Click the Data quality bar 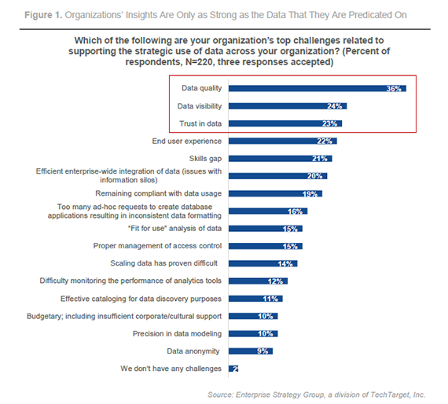click(314, 89)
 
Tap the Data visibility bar click(287, 106)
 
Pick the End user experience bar click(282, 141)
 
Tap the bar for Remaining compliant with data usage click(275, 193)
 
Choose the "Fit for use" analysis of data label click(180, 228)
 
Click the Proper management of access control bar click(265, 246)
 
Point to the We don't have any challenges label click(171, 368)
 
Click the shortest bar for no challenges click(233, 368)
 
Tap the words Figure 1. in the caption click(26, 15)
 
